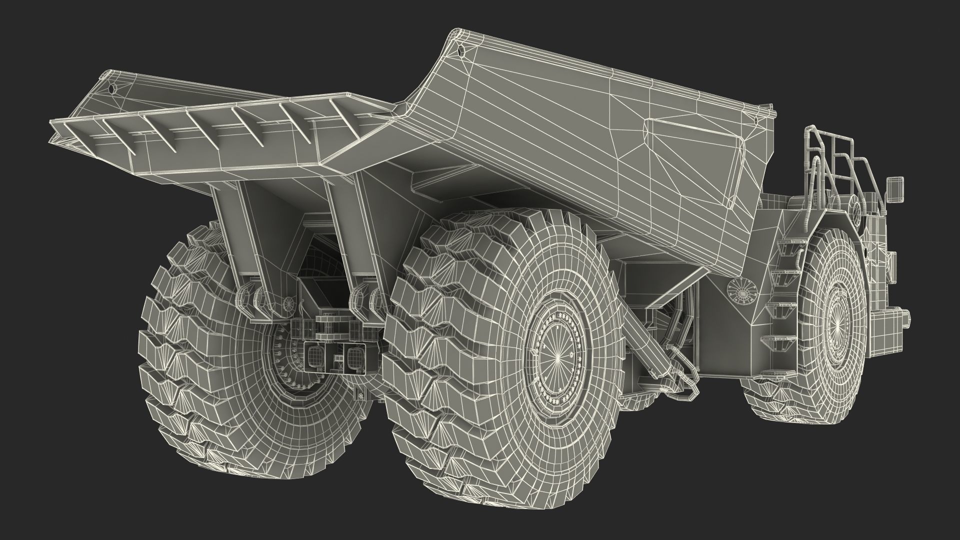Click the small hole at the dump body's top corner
click(x=460, y=50)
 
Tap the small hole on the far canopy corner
click(x=111, y=89)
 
